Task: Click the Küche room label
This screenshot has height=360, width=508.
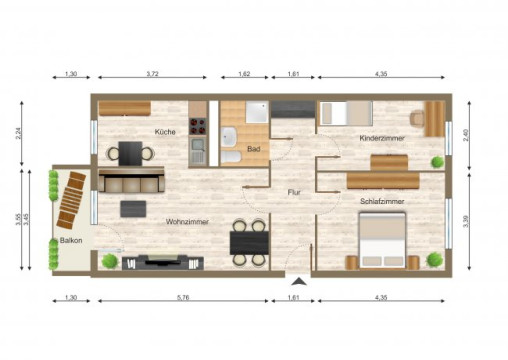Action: coord(165,132)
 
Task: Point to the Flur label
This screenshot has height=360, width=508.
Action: coord(294,191)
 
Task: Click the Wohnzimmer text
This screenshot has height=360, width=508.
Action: coord(187,221)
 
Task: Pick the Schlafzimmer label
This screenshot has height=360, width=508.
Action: coord(382,201)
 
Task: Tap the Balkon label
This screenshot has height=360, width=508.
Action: coord(71,242)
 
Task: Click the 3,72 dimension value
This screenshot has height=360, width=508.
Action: coord(154,76)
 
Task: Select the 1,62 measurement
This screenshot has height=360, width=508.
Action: coord(244,76)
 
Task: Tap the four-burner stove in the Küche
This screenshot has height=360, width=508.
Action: coord(198,126)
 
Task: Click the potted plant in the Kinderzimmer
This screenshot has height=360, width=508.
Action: coord(437,161)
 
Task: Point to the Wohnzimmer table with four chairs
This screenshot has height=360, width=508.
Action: coord(247,242)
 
